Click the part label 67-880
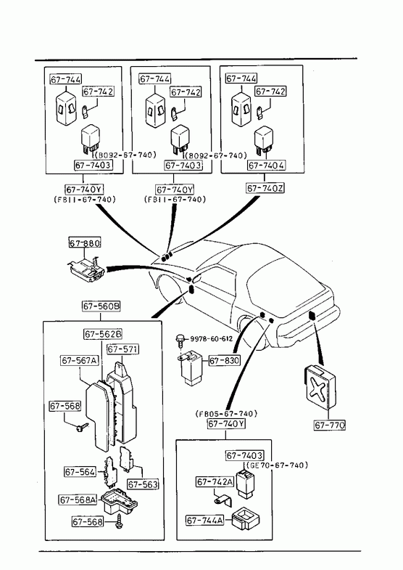(x=85, y=243)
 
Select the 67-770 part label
(x=330, y=425)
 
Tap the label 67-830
(x=225, y=361)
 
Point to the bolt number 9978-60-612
(x=212, y=339)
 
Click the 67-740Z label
(x=265, y=188)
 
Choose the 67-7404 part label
(x=267, y=166)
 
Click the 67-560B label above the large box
(x=101, y=306)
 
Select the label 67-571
(x=122, y=349)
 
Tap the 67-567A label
(x=80, y=360)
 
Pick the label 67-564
(x=80, y=472)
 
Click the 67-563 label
(x=143, y=484)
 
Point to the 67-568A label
(x=78, y=500)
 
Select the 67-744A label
(x=204, y=521)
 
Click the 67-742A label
(x=215, y=481)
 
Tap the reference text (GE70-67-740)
(x=277, y=465)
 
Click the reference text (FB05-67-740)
(x=226, y=414)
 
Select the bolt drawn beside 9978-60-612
(x=180, y=341)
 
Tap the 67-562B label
(x=103, y=334)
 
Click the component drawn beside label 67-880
(x=86, y=269)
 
